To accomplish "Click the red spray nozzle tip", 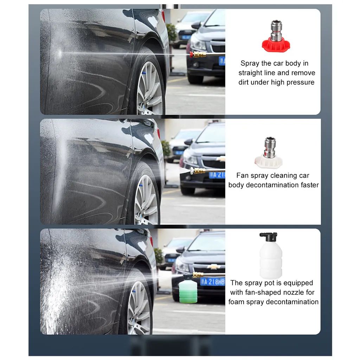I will (276, 45).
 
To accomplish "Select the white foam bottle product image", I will (270, 258).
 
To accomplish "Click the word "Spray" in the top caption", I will (250, 64).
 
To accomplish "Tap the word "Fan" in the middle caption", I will (243, 175).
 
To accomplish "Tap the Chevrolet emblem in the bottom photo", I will (213, 267).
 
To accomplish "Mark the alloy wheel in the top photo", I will (150, 88).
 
